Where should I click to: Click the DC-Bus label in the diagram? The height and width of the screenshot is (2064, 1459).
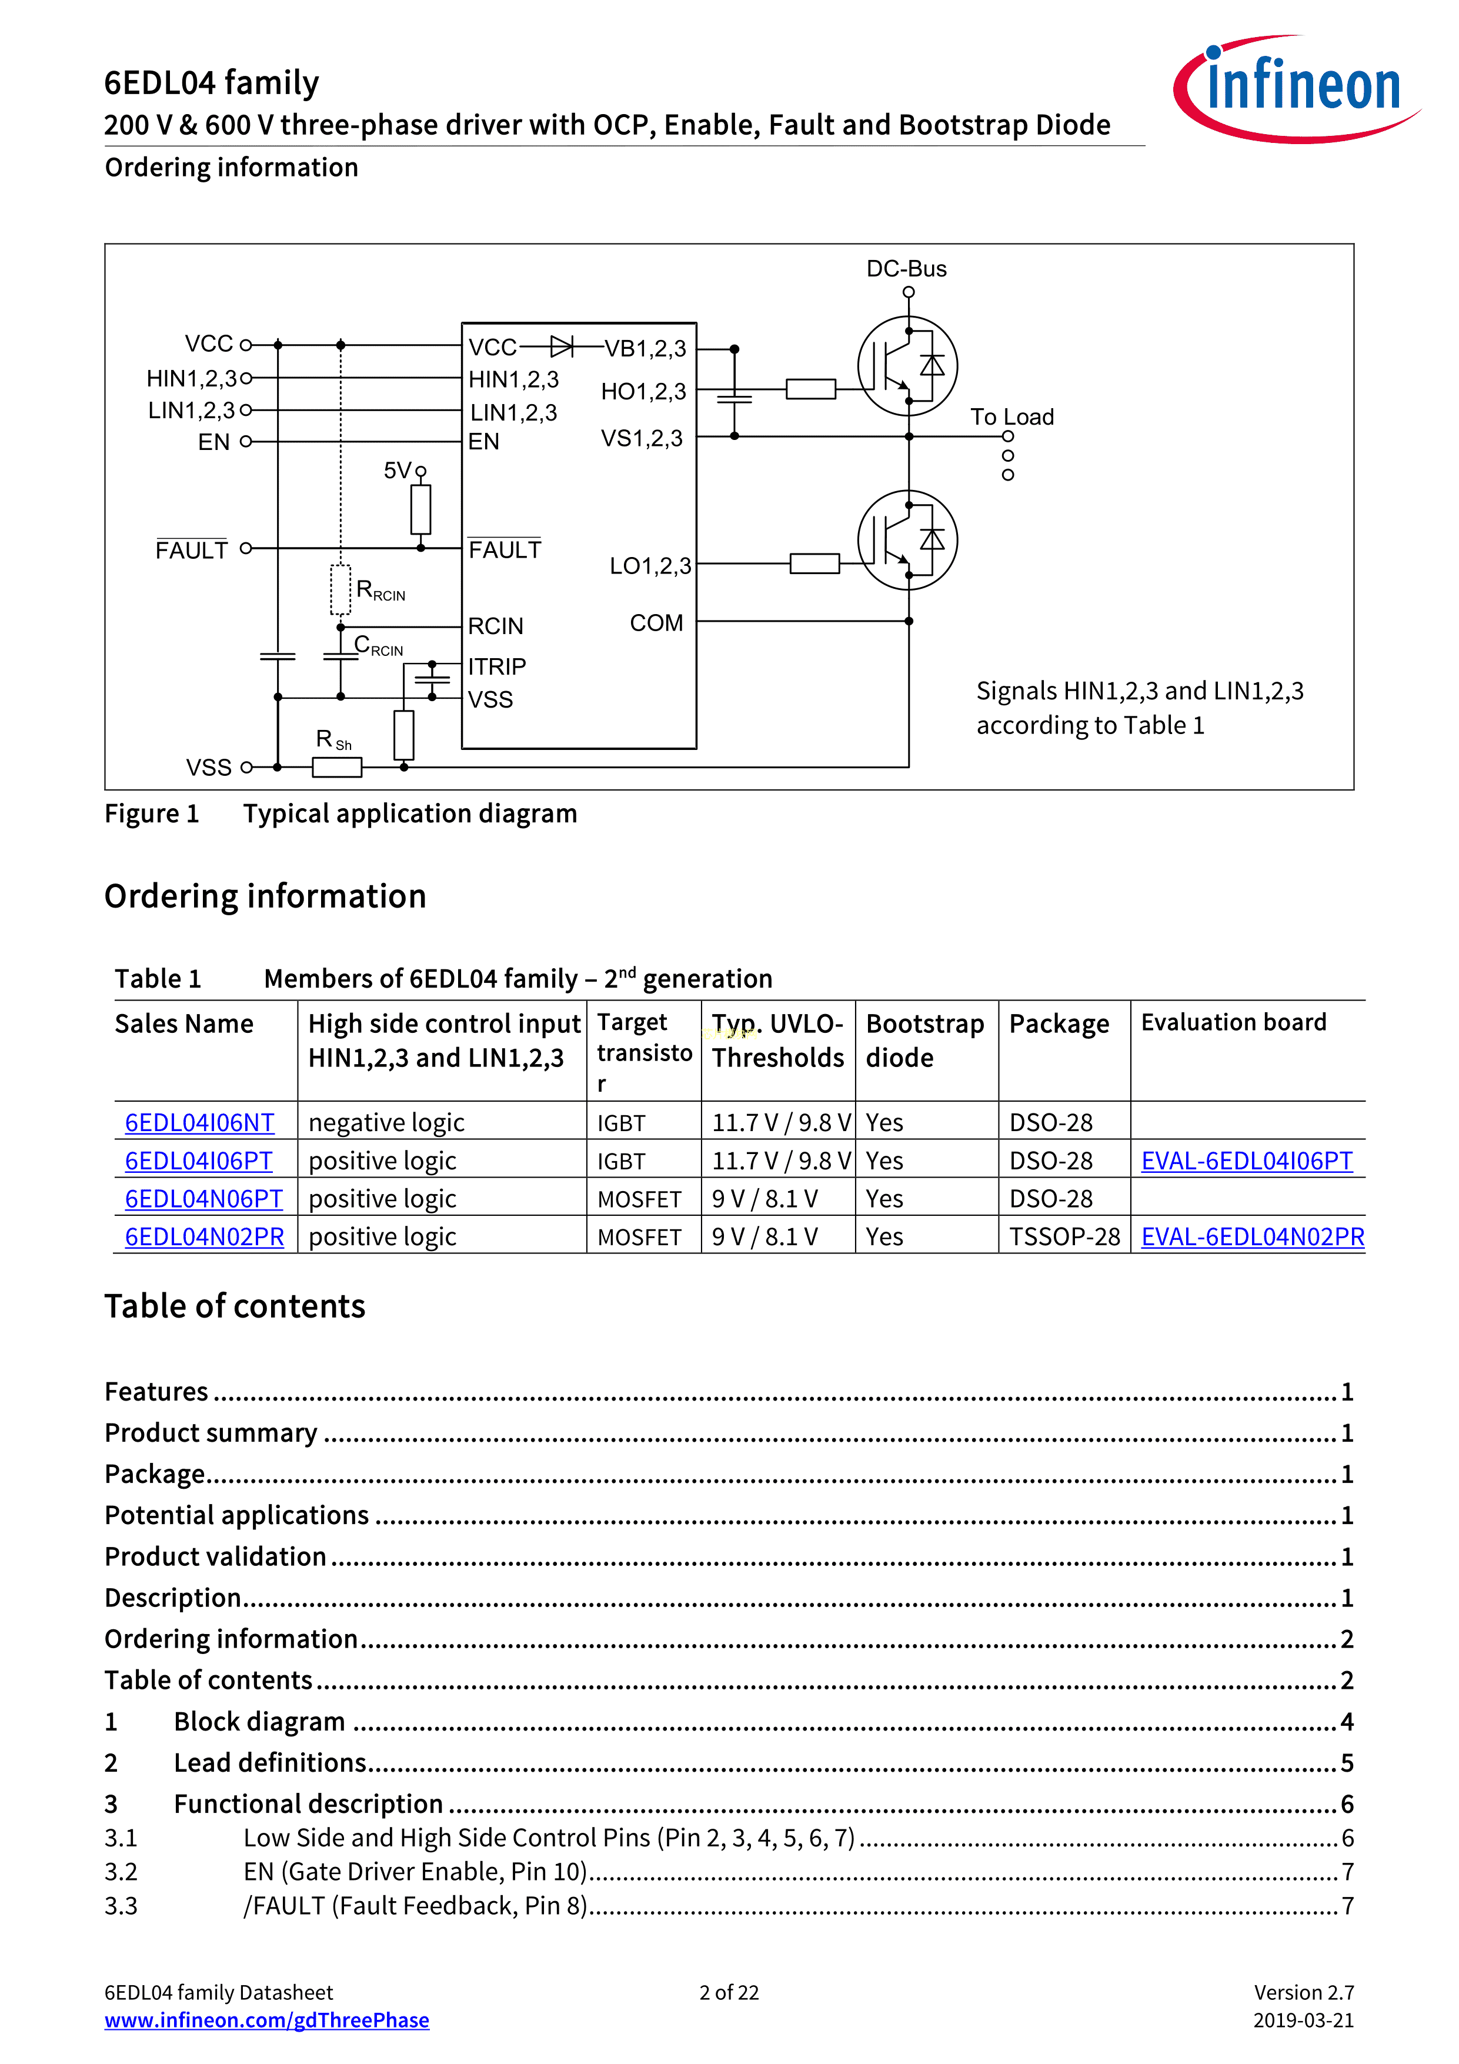point(906,269)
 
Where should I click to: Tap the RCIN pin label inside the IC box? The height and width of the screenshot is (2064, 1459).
point(495,626)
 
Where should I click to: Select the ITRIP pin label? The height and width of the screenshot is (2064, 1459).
point(497,666)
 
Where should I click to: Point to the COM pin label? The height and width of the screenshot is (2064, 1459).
point(656,623)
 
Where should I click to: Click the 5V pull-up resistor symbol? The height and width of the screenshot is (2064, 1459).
point(420,510)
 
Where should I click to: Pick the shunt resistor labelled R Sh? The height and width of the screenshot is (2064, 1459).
point(337,767)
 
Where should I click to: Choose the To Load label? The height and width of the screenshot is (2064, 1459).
point(1011,417)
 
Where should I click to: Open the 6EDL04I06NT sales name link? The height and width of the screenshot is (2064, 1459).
point(199,1123)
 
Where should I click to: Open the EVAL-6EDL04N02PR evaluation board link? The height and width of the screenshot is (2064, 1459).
point(1252,1237)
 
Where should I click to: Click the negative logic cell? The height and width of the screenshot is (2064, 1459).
point(386,1123)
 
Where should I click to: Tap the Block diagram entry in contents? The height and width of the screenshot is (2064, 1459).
point(260,1722)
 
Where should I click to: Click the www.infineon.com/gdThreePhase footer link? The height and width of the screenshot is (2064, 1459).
point(267,2020)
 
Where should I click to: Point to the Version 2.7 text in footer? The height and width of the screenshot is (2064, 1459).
point(1304,1992)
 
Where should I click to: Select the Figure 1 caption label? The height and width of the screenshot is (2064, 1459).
point(152,813)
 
